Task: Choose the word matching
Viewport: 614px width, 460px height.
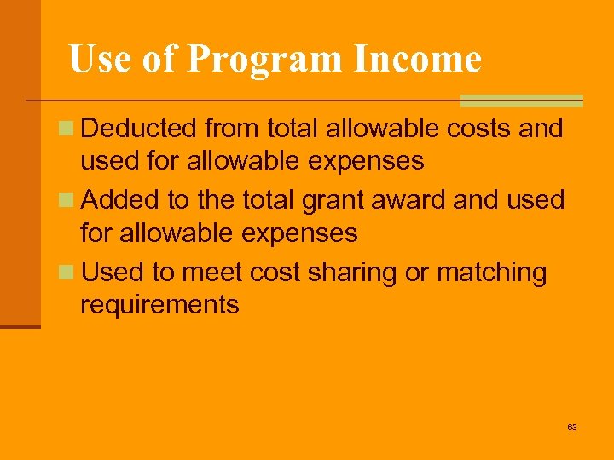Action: click(x=491, y=273)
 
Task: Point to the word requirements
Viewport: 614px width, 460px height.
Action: click(x=159, y=304)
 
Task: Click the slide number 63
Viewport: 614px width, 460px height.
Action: click(x=572, y=427)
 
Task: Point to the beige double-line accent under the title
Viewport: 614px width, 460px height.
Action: click(x=521, y=101)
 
